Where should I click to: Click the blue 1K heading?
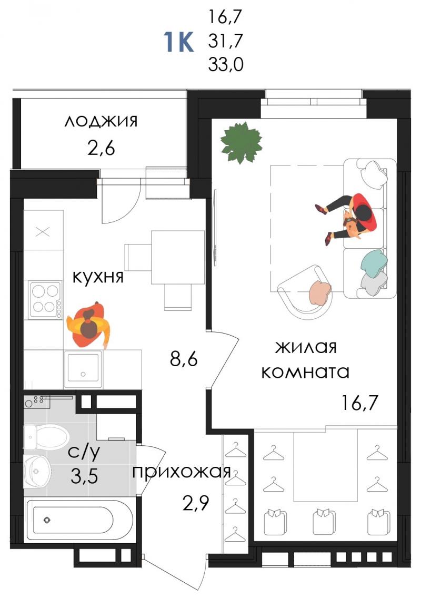pyautogui.click(x=178, y=42)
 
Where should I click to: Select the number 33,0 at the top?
pyautogui.click(x=226, y=64)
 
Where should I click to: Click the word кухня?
pyautogui.click(x=98, y=277)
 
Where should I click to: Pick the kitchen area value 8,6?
pyautogui.click(x=184, y=358)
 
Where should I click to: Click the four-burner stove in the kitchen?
pyautogui.click(x=46, y=300)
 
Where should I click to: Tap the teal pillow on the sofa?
pyautogui.click(x=374, y=261)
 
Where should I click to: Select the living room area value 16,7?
pyautogui.click(x=360, y=403)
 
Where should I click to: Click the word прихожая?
pyautogui.click(x=182, y=472)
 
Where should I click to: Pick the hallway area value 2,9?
pyautogui.click(x=196, y=504)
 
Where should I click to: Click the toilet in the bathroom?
pyautogui.click(x=46, y=438)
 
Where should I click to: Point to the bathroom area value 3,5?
pyautogui.click(x=84, y=476)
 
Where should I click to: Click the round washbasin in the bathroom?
pyautogui.click(x=37, y=471)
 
